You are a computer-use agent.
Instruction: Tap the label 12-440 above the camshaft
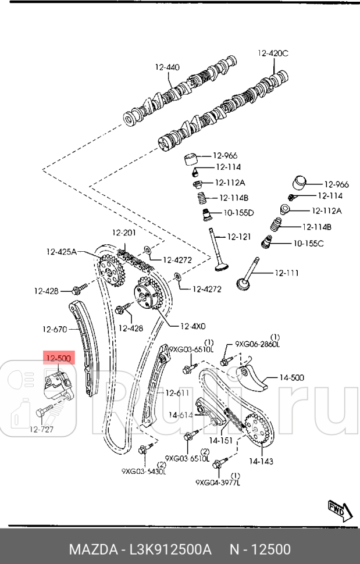coord(167,67)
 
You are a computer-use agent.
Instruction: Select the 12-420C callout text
coord(273,53)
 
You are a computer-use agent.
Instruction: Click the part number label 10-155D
coord(238,213)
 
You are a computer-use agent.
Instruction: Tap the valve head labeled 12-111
coord(244,284)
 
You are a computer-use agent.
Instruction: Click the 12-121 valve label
coord(238,237)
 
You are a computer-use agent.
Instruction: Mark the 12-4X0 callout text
coord(193,326)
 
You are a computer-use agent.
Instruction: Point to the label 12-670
coord(55,329)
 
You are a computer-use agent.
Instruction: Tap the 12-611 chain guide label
coord(177,392)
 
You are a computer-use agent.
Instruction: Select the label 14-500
coord(291,377)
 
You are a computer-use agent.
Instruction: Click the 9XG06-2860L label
coord(257,344)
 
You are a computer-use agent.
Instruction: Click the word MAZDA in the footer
coord(93,549)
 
